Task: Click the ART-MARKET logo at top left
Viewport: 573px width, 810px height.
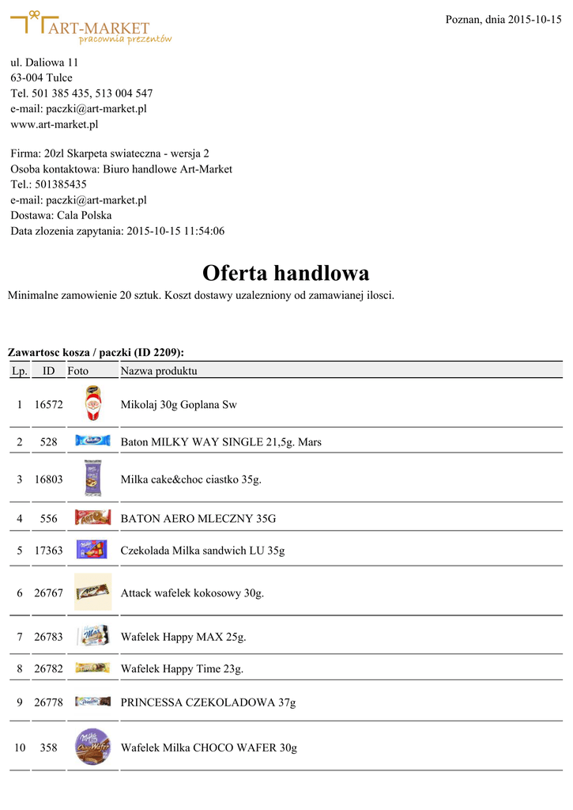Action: coord(91,28)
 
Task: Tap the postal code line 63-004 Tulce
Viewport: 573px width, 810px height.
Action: coord(41,78)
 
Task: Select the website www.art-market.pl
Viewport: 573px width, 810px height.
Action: coord(54,124)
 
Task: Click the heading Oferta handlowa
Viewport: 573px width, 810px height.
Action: coord(285,273)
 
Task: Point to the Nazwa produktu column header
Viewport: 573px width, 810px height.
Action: coord(158,370)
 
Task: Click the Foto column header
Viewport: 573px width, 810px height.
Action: coord(78,370)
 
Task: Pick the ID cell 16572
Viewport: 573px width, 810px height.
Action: coord(48,404)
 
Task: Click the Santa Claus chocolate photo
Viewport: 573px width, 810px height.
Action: coord(92,403)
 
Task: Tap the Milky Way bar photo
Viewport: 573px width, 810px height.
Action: coord(92,441)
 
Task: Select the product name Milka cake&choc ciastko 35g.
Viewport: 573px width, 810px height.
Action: coord(190,479)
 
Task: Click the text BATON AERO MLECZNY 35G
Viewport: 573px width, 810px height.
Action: coord(198,519)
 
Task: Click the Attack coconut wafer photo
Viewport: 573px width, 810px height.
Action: coord(92,592)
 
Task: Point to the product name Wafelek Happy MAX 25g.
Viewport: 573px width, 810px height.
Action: coord(183,637)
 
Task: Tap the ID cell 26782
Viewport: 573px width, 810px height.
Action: coord(48,669)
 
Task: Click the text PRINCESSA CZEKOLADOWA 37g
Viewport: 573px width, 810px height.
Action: coord(208,702)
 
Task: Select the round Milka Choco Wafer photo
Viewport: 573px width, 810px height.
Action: coord(92,747)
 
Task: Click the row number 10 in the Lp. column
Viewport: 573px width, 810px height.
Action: coord(20,748)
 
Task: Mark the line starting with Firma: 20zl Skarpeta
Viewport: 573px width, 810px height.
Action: coord(110,153)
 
